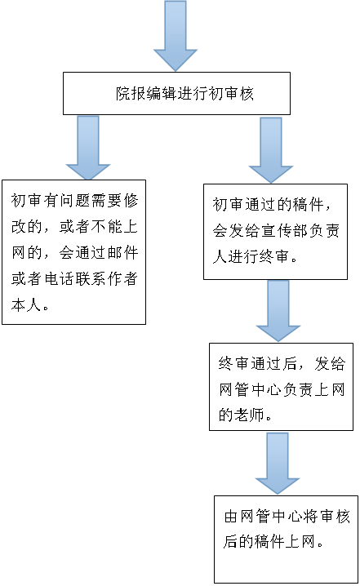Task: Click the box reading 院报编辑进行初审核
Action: click(176, 93)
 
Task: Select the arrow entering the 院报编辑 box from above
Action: click(176, 36)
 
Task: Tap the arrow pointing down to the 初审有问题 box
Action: click(88, 148)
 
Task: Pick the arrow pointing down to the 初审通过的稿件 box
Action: click(271, 150)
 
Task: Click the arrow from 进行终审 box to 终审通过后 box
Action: click(278, 311)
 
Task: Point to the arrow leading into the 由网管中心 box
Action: click(278, 464)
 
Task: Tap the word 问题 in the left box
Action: click(75, 200)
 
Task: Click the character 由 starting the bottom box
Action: click(232, 516)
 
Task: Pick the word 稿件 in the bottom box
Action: click(270, 541)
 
